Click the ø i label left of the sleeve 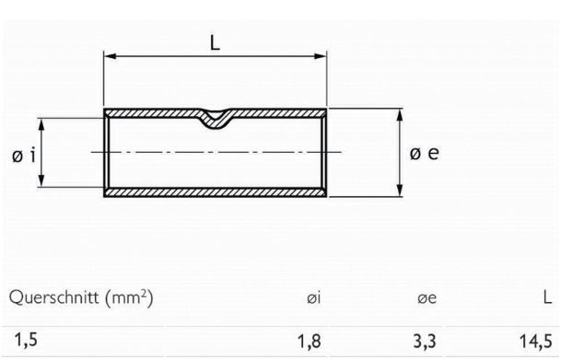[25, 155]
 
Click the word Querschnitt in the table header [50, 297]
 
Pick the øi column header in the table [312, 298]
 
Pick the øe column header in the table [427, 298]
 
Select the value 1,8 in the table [310, 342]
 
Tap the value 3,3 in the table [426, 342]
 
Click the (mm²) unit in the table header [125, 297]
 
